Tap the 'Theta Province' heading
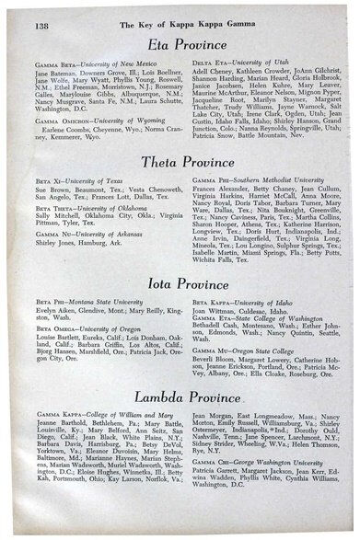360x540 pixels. (186, 162)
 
